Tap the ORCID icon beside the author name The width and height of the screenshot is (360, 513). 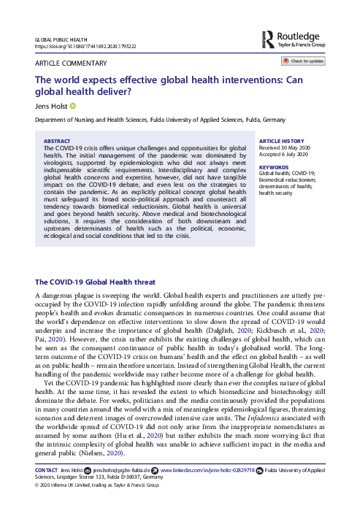72,105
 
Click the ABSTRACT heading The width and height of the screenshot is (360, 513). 58,141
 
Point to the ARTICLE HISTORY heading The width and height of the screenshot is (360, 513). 283,141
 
